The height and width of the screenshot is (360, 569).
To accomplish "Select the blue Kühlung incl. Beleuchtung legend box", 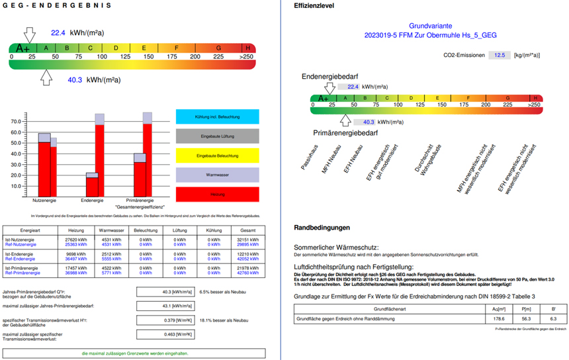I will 217,116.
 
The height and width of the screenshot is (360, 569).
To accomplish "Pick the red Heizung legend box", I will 217,194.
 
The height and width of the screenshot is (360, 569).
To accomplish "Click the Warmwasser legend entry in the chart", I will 217,175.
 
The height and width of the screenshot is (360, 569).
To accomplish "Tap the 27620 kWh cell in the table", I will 76,238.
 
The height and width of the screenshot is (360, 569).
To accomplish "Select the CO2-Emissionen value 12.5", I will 499,55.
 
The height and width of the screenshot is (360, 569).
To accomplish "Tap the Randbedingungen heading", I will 322,228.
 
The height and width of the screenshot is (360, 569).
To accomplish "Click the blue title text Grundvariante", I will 429,24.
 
